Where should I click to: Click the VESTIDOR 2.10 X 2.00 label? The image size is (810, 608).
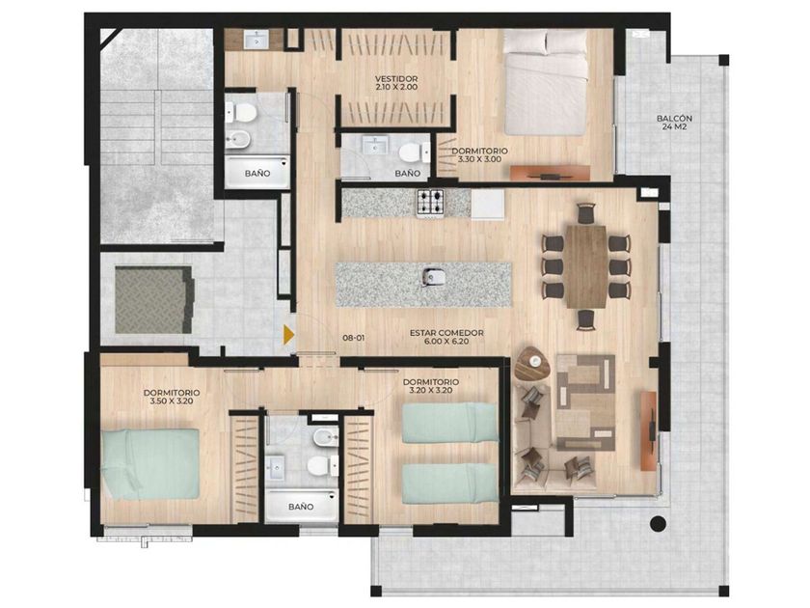(x=396, y=83)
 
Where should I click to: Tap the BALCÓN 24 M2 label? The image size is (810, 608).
(x=674, y=122)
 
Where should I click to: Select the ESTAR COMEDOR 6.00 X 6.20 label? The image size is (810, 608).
(x=446, y=337)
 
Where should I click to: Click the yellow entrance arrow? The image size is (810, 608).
(x=288, y=335)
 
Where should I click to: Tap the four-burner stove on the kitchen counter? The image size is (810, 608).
(x=430, y=203)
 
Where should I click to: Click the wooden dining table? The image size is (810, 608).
(x=585, y=265)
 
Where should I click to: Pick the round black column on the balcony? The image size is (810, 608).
(x=658, y=524)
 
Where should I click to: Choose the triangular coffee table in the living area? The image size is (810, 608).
(x=533, y=365)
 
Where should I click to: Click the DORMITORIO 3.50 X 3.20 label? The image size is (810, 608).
(x=172, y=397)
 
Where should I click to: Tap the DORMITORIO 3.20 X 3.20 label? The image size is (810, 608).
(x=430, y=386)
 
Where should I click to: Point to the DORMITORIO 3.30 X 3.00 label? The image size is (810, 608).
(x=479, y=155)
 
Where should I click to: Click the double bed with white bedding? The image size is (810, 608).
(x=546, y=83)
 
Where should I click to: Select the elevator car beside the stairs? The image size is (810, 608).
(x=154, y=300)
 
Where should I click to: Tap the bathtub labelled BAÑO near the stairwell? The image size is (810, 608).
(x=257, y=172)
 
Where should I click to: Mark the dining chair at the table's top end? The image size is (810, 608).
(x=586, y=213)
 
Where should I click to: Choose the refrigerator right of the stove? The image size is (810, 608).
(x=487, y=205)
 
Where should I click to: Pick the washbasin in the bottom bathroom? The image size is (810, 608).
(x=274, y=468)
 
